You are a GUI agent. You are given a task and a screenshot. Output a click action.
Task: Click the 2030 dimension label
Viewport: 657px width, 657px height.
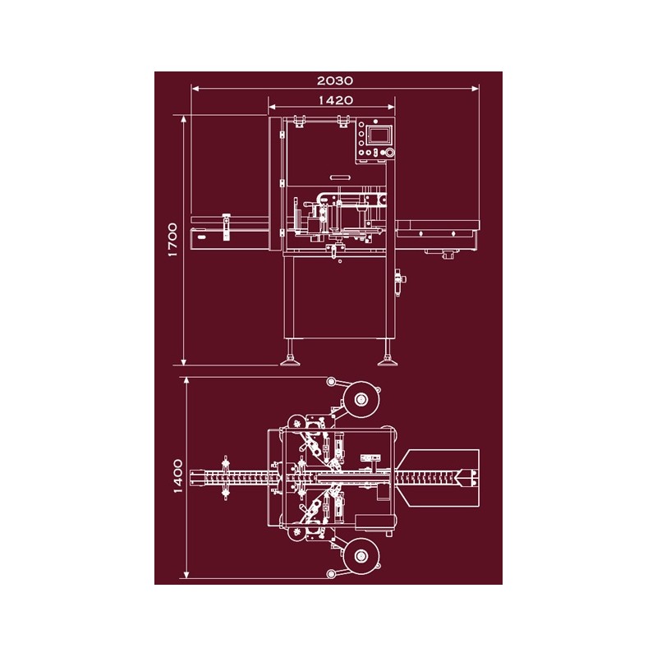(335, 80)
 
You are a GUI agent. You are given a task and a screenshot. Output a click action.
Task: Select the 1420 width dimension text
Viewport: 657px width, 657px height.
(336, 100)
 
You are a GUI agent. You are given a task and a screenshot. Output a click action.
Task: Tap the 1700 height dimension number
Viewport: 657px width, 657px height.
(172, 240)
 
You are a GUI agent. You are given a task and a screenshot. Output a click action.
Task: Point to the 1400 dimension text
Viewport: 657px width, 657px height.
(177, 476)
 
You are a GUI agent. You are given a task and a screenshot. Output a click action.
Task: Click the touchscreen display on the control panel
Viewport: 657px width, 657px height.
(379, 136)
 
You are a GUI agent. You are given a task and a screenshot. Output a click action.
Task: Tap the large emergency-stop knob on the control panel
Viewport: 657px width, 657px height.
(389, 153)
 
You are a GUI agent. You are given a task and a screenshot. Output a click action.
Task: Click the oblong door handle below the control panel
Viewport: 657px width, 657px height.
(340, 177)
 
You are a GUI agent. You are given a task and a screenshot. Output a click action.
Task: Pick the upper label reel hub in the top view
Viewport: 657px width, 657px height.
(361, 399)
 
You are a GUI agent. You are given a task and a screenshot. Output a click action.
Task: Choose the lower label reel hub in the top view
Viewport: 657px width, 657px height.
(361, 557)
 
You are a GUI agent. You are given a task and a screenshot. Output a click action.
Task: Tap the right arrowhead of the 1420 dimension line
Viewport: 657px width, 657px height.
(391, 107)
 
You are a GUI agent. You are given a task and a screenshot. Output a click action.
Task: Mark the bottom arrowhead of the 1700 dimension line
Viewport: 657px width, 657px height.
(183, 361)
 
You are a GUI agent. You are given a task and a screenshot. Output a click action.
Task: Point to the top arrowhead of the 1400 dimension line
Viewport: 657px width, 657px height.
(186, 381)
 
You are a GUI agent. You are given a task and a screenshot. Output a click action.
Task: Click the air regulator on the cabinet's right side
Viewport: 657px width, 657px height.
(400, 282)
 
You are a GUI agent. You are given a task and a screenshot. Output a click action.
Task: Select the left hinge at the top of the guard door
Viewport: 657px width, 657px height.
(299, 121)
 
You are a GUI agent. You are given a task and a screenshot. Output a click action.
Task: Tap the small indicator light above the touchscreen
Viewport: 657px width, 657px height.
(375, 122)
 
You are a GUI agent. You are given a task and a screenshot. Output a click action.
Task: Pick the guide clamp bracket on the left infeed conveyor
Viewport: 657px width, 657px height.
(227, 227)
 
